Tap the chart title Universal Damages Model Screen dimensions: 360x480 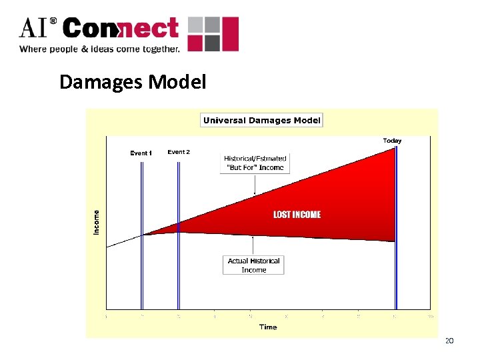click(x=261, y=121)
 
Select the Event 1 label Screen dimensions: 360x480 click(x=141, y=153)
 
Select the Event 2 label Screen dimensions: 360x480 click(x=179, y=152)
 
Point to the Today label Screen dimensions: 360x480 click(x=392, y=141)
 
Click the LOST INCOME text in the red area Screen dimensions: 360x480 click(x=297, y=215)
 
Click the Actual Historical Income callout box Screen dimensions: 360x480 click(x=253, y=265)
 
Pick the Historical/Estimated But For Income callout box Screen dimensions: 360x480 click(x=255, y=163)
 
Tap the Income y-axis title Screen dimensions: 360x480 click(x=97, y=221)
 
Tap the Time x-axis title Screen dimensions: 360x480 click(x=268, y=327)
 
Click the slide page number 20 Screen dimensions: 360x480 click(x=449, y=341)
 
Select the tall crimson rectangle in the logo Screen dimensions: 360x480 click(x=230, y=34)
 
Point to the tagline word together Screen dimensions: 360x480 click(x=159, y=49)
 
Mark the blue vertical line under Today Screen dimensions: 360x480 click(x=396, y=227)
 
